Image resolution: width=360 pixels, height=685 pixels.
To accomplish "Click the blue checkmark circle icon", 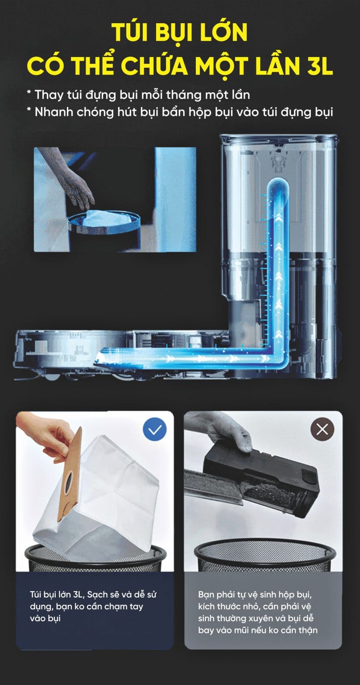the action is point(155,429).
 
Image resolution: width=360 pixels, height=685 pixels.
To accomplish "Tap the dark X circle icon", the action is point(322,429).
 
